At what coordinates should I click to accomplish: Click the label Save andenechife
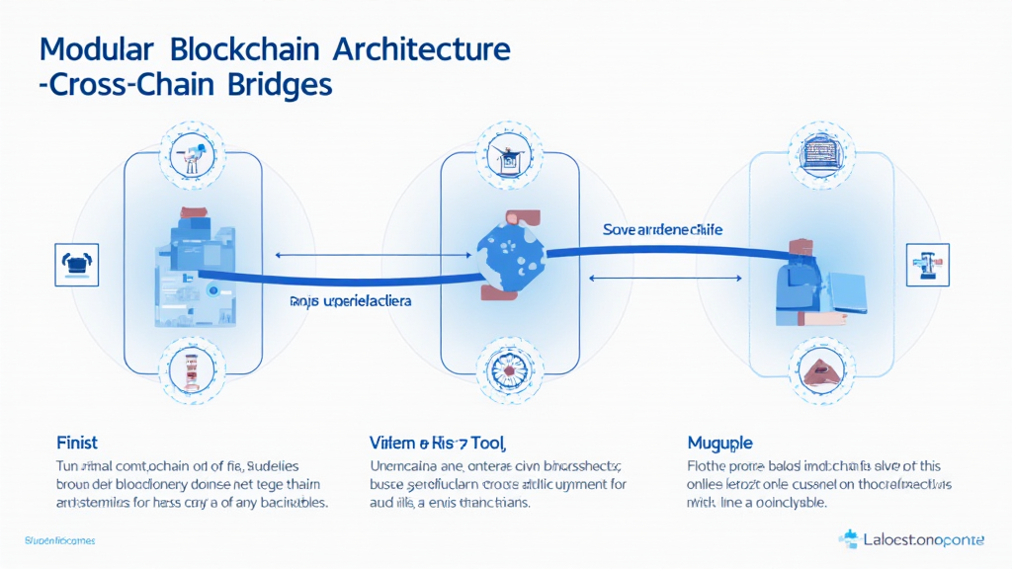click(x=662, y=229)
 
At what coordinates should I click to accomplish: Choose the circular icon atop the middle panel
click(x=510, y=154)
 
